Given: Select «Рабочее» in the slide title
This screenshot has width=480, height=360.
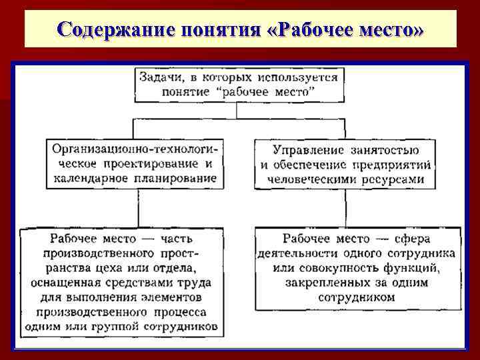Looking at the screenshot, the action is click(319, 29).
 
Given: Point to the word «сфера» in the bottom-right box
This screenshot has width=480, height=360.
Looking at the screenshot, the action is click(412, 239).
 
